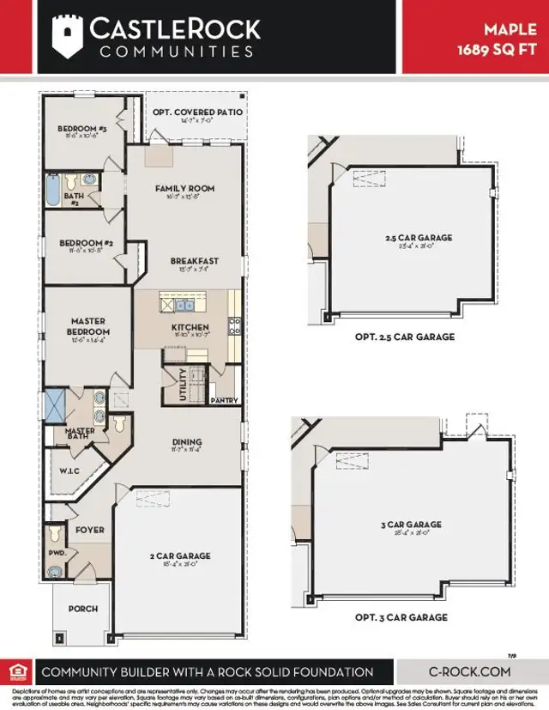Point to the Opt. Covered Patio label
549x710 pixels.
pyautogui.click(x=197, y=112)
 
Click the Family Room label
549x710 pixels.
pyautogui.click(x=184, y=188)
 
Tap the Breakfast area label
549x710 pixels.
pyautogui.click(x=194, y=261)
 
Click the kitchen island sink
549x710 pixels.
pyautogui.click(x=183, y=304)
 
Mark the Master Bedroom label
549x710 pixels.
pyautogui.click(x=89, y=327)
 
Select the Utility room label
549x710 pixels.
pyautogui.click(x=181, y=383)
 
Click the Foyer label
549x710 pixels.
pyautogui.click(x=90, y=530)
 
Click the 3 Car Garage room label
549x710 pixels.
pyautogui.click(x=413, y=524)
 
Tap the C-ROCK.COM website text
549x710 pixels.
pyautogui.click(x=469, y=672)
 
